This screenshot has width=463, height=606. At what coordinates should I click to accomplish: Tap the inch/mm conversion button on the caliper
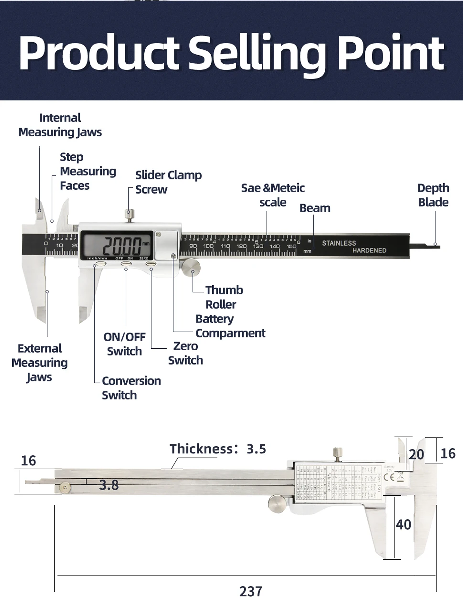tap(100, 264)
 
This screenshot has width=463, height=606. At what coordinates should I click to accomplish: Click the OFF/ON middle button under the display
tap(126, 264)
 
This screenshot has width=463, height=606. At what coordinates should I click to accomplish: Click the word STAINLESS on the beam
tap(339, 243)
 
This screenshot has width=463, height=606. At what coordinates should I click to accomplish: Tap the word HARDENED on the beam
tap(369, 251)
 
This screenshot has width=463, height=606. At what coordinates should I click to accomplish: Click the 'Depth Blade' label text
tap(433, 195)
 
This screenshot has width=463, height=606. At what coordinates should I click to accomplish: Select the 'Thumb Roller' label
tap(224, 297)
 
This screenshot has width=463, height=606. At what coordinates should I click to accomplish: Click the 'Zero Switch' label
tap(186, 353)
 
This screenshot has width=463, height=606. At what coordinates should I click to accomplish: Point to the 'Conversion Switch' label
tap(131, 388)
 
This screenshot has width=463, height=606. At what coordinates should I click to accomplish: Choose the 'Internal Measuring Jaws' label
tap(60, 125)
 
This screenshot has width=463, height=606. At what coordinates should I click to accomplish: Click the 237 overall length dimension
tap(251, 591)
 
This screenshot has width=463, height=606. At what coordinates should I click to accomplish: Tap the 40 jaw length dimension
tap(403, 525)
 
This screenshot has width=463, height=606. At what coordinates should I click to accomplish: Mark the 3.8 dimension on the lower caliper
tap(109, 485)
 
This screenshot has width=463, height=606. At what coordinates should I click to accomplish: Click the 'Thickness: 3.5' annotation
tap(218, 449)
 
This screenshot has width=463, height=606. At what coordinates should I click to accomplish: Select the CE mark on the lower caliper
tap(389, 477)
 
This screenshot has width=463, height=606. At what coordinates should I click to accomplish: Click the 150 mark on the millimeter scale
tap(291, 246)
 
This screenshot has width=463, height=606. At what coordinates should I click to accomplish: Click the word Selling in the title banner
tap(256, 53)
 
